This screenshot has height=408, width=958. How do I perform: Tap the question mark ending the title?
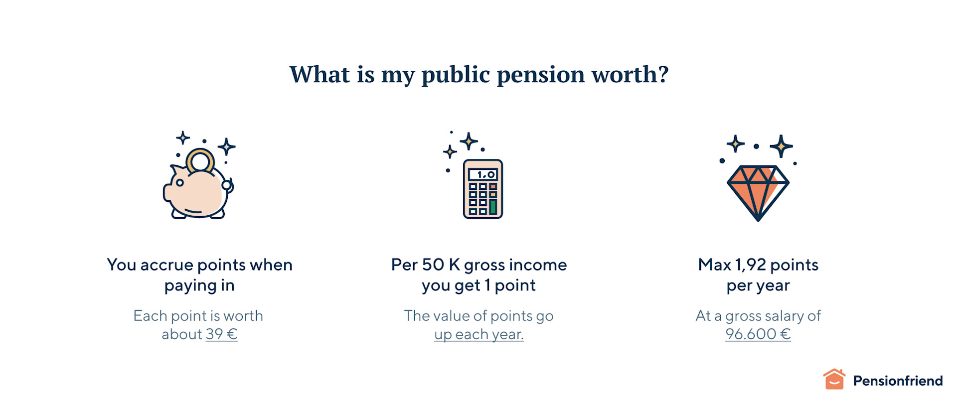click(663, 75)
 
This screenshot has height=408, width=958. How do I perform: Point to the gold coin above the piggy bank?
click(200, 160)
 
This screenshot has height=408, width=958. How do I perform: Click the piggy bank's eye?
click(180, 183)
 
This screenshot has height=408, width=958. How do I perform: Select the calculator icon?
click(482, 189)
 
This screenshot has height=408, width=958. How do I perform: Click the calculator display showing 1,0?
click(482, 174)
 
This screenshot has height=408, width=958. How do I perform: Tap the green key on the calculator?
click(493, 206)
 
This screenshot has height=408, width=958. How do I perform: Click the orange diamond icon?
click(758, 192)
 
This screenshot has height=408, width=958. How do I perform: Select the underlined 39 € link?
click(222, 334)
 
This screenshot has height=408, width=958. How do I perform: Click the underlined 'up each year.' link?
click(479, 334)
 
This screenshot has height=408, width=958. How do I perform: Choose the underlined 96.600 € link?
click(758, 334)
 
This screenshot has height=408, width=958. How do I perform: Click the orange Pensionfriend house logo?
click(834, 380)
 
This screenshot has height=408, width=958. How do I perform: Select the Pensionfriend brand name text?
click(898, 381)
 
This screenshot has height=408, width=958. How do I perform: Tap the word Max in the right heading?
click(714, 265)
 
